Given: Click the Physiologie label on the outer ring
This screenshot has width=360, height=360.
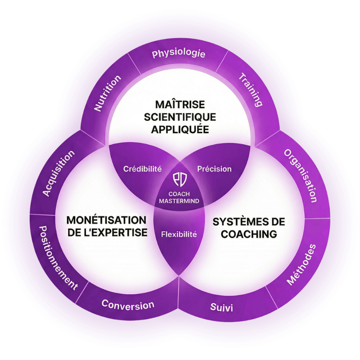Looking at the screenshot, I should tap(179, 54).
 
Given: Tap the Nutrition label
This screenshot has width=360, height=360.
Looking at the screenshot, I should tap(107, 93).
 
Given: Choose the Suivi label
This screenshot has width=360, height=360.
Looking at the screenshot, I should tap(221, 308).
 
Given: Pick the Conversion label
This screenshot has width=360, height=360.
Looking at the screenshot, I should tap(128, 305).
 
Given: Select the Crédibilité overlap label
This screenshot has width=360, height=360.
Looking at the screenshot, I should tap(142, 168).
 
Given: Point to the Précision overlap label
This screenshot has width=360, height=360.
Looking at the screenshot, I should tap(214, 168).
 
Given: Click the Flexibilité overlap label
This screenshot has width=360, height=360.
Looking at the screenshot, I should tap(179, 234).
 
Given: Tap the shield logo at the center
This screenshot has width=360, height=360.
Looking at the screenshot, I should tap(179, 179).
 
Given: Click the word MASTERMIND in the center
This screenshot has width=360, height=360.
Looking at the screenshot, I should tap(179, 201).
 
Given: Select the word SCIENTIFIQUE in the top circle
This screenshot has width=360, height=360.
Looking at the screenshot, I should tap(180, 117).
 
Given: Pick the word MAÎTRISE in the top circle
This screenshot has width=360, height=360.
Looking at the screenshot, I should tap(180, 105).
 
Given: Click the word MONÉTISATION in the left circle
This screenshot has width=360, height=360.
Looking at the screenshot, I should tap(107, 220).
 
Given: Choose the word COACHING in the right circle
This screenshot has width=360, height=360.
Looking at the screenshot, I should tap(249, 234).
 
